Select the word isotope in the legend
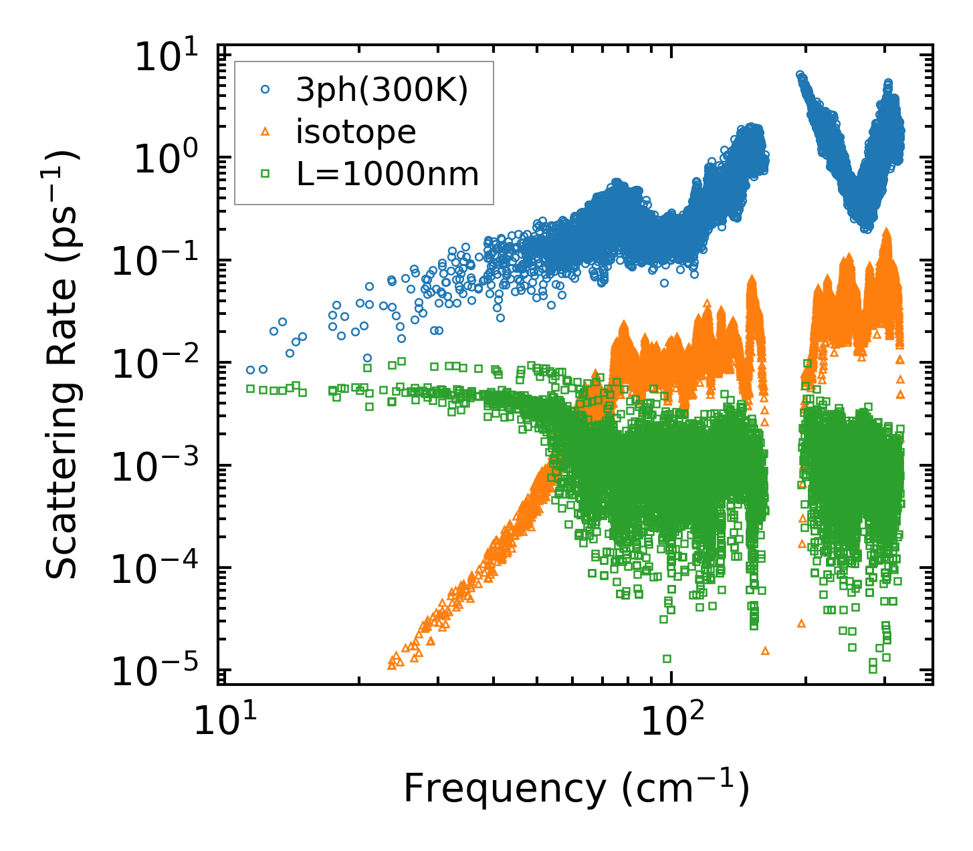(x=356, y=132)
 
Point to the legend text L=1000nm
(x=388, y=174)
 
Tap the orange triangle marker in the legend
(x=265, y=132)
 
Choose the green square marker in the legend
(x=265, y=174)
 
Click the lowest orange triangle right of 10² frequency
(x=766, y=650)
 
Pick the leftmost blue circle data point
(x=250, y=370)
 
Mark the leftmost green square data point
(x=250, y=388)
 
